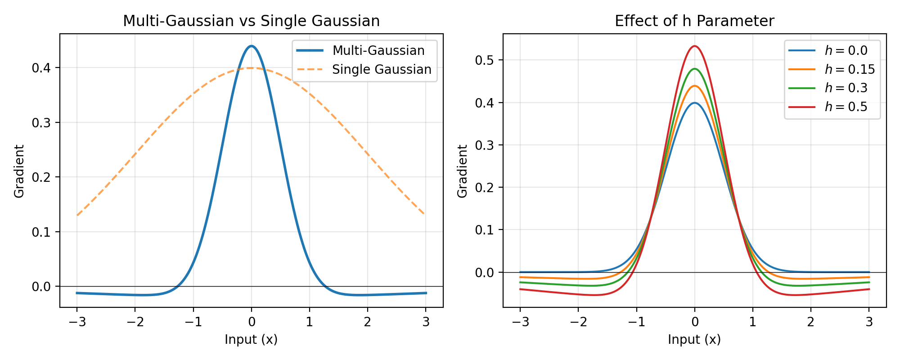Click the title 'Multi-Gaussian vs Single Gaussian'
click(x=251, y=21)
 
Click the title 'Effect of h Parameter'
click(x=694, y=21)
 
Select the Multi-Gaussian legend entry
click(x=360, y=50)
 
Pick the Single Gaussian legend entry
click(x=364, y=69)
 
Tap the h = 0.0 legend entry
click(x=828, y=50)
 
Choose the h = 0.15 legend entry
click(x=832, y=69)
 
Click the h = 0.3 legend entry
click(x=828, y=88)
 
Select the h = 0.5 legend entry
click(x=828, y=107)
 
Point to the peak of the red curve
click(x=695, y=46)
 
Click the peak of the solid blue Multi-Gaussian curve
click(x=252, y=46)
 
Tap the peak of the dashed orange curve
click(x=252, y=68)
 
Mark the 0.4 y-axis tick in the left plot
click(x=41, y=68)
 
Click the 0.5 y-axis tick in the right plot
click(x=484, y=60)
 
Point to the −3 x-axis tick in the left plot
click(x=77, y=322)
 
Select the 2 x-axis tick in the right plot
click(x=811, y=322)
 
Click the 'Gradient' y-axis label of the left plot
click(x=19, y=171)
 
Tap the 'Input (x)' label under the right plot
click(x=694, y=340)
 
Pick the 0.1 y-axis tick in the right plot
click(x=484, y=230)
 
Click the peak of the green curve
click(x=695, y=69)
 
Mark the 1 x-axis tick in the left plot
click(x=310, y=322)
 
